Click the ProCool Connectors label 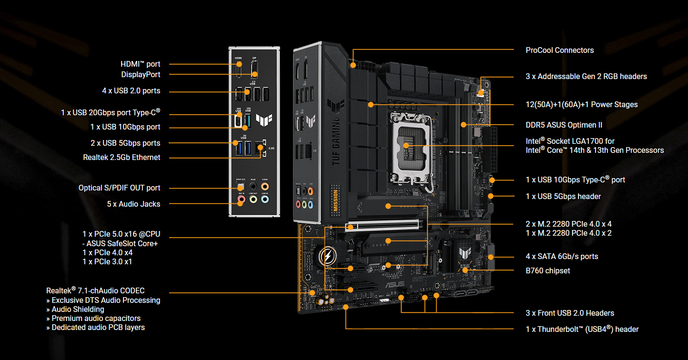(559, 50)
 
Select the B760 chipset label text (547, 270)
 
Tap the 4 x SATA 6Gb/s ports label (562, 256)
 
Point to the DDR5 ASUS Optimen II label (564, 125)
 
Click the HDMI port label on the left (140, 64)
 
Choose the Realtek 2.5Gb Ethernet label (121, 157)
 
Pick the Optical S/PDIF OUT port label (119, 188)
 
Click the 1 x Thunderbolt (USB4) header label (582, 329)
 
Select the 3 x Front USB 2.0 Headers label (570, 313)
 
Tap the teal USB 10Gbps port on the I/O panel (247, 121)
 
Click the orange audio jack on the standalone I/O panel (264, 187)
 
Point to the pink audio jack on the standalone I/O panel (242, 200)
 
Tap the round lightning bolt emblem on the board (328, 257)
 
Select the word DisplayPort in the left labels (141, 74)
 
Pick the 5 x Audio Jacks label (133, 204)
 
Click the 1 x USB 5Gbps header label (563, 196)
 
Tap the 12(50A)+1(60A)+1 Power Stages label (581, 104)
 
